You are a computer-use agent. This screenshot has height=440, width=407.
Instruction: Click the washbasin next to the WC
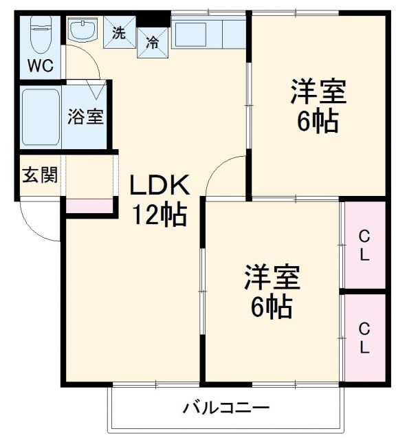[x=83, y=32]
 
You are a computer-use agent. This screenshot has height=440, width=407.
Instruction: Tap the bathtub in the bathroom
[x=41, y=118]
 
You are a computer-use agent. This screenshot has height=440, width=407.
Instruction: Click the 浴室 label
[x=85, y=117]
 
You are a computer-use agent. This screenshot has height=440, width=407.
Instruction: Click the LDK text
[x=159, y=186]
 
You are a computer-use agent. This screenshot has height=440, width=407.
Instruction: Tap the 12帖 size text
[x=159, y=215]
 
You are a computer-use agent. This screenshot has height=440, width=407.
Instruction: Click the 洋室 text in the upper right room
[x=317, y=91]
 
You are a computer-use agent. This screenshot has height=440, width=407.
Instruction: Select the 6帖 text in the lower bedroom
[x=271, y=307]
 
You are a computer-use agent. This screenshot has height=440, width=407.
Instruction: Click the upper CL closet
[x=364, y=245]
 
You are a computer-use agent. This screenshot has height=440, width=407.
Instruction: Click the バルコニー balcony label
[x=225, y=408]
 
